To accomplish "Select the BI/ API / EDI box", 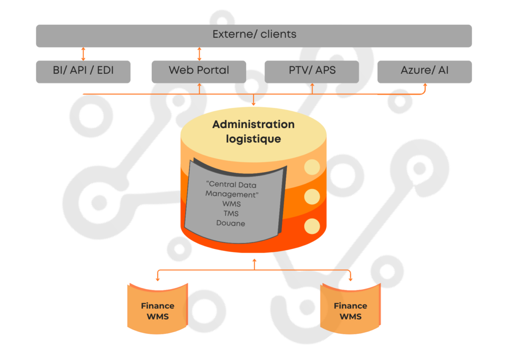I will pyautogui.click(x=83, y=71).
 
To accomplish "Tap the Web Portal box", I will pyautogui.click(x=199, y=71).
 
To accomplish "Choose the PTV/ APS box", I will pyautogui.click(x=312, y=71).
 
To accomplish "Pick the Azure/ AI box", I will pyautogui.click(x=425, y=71).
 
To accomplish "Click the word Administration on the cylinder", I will pyautogui.click(x=254, y=124).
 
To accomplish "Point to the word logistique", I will pyautogui.click(x=254, y=139).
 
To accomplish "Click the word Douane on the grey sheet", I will pyautogui.click(x=231, y=223).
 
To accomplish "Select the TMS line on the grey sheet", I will pyautogui.click(x=231, y=214).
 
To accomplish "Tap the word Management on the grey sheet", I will pyautogui.click(x=231, y=194).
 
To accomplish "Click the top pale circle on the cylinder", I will pyautogui.click(x=312, y=168).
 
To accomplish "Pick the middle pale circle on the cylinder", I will pyautogui.click(x=312, y=197).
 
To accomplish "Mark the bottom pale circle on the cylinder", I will pyautogui.click(x=312, y=226).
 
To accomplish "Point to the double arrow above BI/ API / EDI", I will pyautogui.click(x=83, y=54).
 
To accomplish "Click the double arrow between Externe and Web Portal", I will pyautogui.click(x=199, y=54).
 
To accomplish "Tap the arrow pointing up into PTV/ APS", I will pyautogui.click(x=312, y=88).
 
